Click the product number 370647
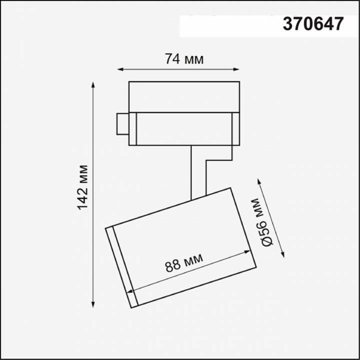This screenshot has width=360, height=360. click(x=313, y=24)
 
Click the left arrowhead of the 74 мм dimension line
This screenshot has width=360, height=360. click(x=120, y=69)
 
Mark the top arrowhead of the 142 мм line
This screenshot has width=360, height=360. click(x=93, y=83)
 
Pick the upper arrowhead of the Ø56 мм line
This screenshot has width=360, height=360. click(x=258, y=179)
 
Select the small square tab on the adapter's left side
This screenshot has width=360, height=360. click(x=122, y=124)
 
